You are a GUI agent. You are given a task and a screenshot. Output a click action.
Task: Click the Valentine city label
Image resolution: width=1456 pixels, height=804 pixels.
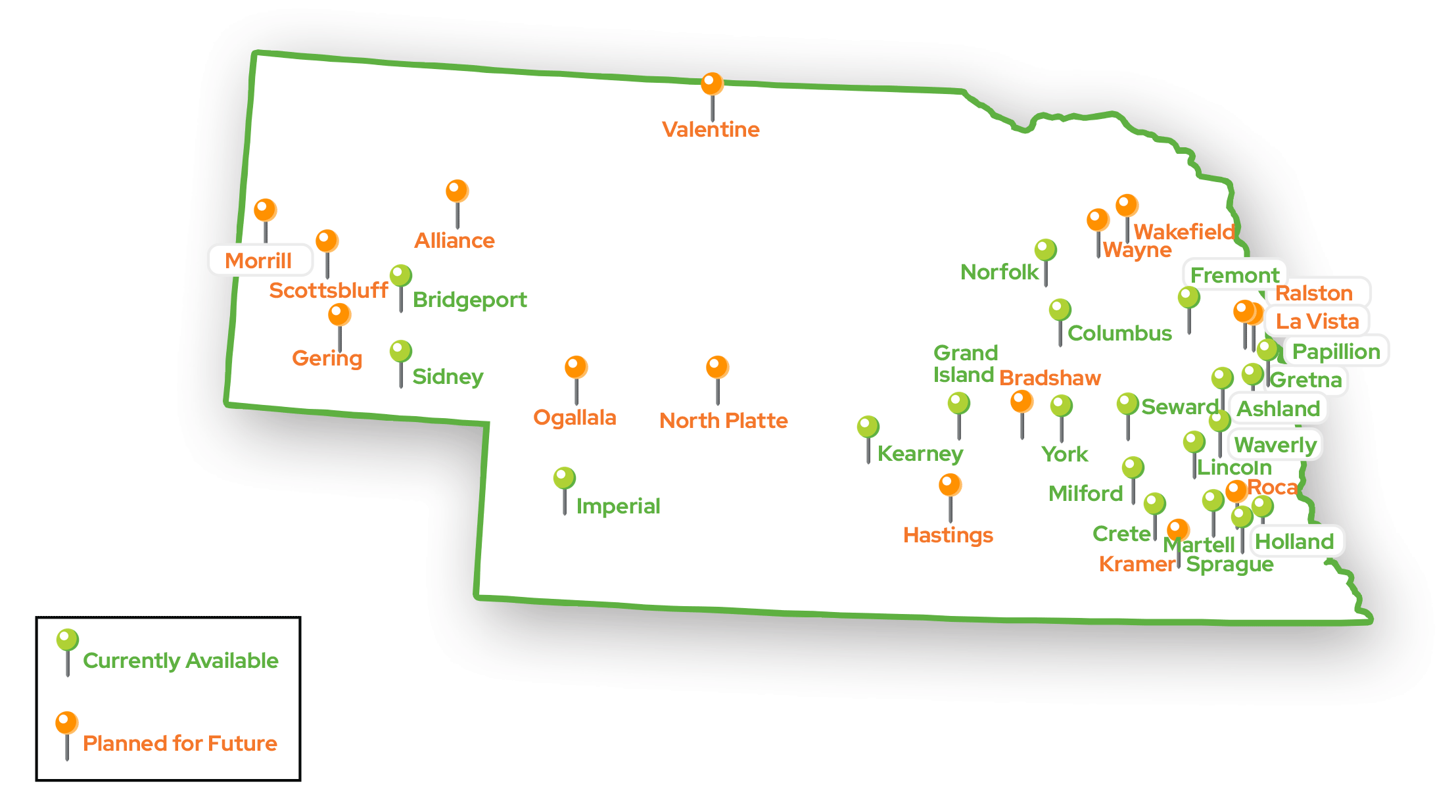pos(710,130)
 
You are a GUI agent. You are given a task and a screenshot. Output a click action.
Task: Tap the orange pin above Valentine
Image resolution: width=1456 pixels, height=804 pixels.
pos(712,85)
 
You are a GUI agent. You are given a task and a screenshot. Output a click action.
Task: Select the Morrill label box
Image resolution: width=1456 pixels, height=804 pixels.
pos(259,260)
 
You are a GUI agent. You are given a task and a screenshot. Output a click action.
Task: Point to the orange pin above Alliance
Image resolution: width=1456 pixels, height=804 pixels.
pos(457,191)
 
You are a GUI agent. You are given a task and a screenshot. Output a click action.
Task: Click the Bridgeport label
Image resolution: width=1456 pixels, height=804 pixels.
pos(469,300)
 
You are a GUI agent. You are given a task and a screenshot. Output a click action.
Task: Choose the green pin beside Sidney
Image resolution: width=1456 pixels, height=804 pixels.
pos(400,352)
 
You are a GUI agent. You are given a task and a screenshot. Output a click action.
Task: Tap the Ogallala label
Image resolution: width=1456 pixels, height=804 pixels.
pos(575,417)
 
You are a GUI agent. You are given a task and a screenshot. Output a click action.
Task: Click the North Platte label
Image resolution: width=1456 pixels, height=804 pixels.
pos(723,421)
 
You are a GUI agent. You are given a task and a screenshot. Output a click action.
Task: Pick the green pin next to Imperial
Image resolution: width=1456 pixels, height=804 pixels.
pos(564,479)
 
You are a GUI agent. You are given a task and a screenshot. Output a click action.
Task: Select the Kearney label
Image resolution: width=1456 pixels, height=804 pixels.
pos(920,454)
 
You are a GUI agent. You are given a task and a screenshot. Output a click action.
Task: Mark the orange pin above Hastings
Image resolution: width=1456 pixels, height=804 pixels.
pos(950,485)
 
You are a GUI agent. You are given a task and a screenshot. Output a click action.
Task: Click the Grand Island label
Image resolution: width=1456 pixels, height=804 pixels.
pos(965,364)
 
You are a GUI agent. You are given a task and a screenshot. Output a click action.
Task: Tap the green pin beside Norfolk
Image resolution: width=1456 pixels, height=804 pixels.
pos(1045,250)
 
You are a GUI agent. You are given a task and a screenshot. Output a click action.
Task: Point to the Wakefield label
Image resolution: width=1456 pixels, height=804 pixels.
pos(1184,231)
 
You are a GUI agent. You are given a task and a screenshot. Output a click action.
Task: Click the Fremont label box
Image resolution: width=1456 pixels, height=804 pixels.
pos(1234,275)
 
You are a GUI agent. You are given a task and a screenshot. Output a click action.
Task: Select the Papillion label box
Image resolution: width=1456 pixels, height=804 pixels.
pos(1336,352)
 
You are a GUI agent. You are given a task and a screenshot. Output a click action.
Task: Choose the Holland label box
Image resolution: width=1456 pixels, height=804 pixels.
pos(1294,542)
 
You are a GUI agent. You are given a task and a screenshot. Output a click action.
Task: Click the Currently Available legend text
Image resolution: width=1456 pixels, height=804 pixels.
pos(181,661)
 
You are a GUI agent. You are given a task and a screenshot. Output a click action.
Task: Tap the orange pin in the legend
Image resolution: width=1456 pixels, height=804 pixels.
pos(66,723)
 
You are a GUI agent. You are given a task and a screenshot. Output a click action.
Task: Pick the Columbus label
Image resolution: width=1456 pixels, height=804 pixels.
pos(1119,333)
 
